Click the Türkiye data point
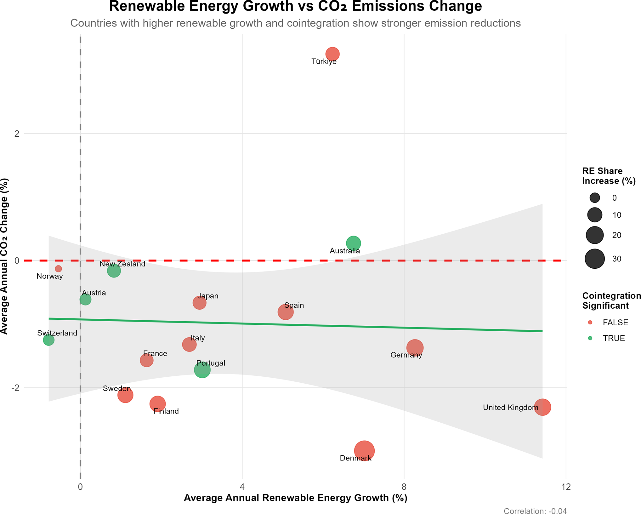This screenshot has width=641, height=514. pyautogui.click(x=332, y=54)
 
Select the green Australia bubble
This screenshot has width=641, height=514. pyautogui.click(x=353, y=243)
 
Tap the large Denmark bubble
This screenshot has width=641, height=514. pyautogui.click(x=364, y=451)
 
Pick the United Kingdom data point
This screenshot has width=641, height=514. pyautogui.click(x=542, y=407)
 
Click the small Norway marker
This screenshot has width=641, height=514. pyautogui.click(x=58, y=269)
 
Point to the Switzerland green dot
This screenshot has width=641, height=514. pyautogui.click(x=48, y=340)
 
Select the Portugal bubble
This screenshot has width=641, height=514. pyautogui.click(x=202, y=370)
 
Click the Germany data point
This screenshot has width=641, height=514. pyautogui.click(x=415, y=348)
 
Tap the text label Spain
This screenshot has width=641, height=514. pyautogui.click(x=294, y=305)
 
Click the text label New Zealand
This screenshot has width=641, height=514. pyautogui.click(x=122, y=264)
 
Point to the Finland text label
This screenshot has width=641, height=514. pyautogui.click(x=166, y=411)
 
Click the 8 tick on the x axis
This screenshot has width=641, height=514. pyautogui.click(x=404, y=487)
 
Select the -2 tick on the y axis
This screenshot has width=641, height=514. pyautogui.click(x=15, y=388)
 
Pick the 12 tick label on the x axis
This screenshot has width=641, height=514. pyautogui.click(x=566, y=487)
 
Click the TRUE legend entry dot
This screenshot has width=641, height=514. pyautogui.click(x=590, y=338)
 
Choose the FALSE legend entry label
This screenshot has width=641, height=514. pyautogui.click(x=615, y=323)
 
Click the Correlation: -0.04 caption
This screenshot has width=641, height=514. pyautogui.click(x=535, y=511)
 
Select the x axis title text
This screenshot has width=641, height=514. pyautogui.click(x=295, y=498)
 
